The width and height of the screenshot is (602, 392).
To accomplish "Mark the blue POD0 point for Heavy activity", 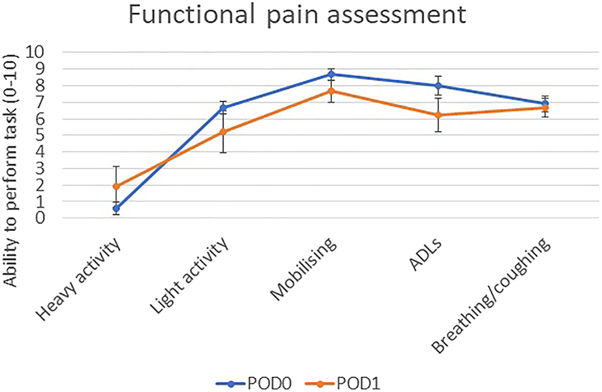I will click(x=116, y=209).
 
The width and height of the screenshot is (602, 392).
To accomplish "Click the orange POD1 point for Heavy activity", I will click(x=116, y=186).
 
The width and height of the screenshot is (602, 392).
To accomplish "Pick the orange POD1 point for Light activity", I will click(x=224, y=132).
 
